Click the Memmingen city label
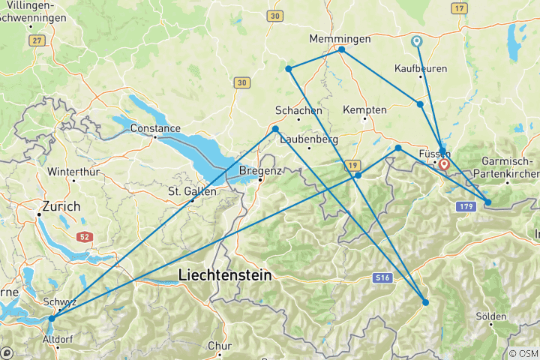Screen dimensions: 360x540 point(340,38)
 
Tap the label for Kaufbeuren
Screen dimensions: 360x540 point(421,68)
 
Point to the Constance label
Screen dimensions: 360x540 point(155,128)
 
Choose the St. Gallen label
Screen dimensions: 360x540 point(192,191)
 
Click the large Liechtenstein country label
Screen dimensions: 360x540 point(225,276)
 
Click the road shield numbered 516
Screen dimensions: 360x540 point(382,278)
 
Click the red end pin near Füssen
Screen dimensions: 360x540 point(443,163)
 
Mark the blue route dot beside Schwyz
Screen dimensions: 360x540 point(51,319)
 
